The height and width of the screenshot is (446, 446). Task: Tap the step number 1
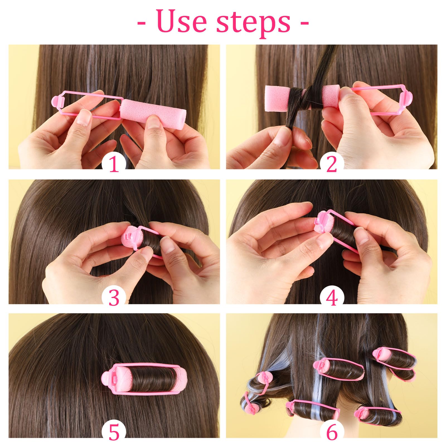tap(114, 164)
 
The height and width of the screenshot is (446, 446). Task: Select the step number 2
tap(331, 164)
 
